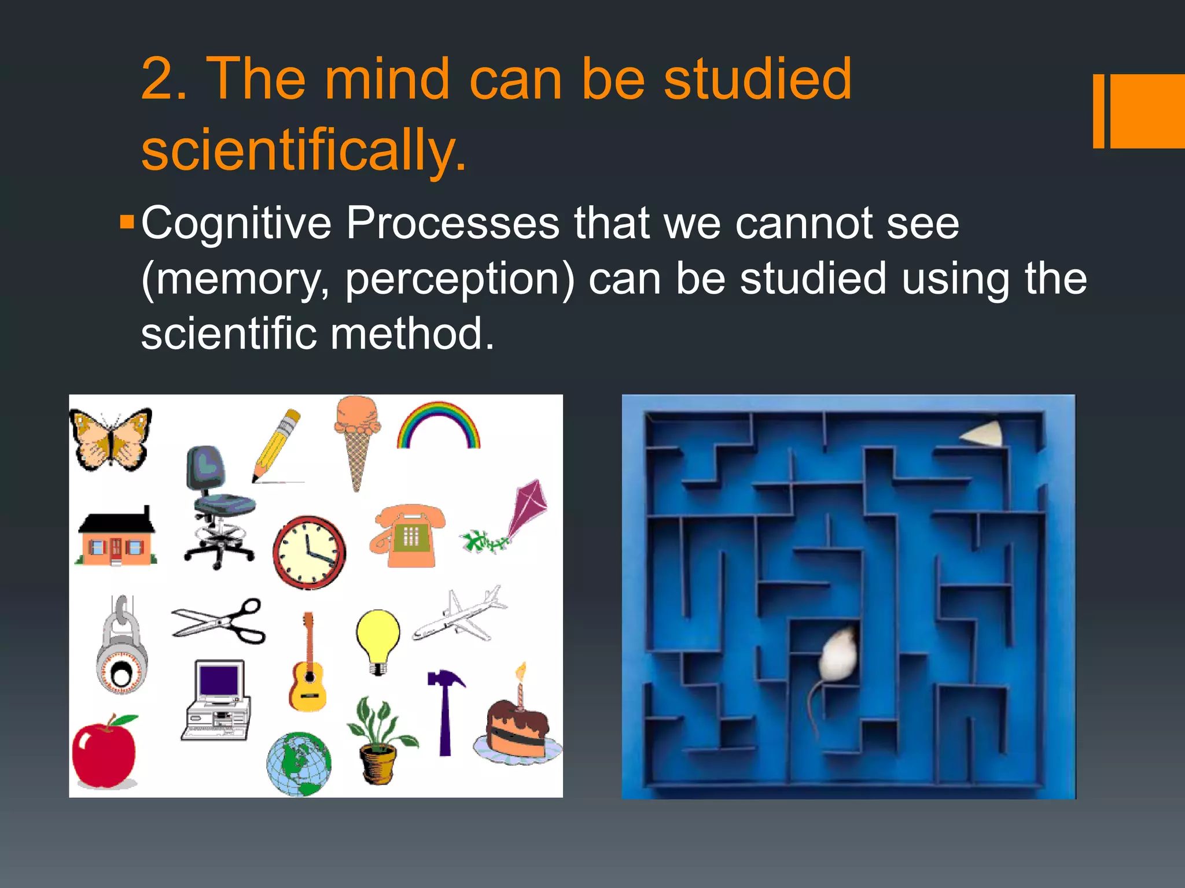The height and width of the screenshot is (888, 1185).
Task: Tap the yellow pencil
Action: pos(277,445)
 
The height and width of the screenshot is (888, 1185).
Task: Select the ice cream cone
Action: pos(357,439)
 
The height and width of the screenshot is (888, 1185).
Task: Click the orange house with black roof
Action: pos(116,538)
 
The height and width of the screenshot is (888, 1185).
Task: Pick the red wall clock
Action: pos(309,552)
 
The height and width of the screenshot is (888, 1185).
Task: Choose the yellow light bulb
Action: pos(378,639)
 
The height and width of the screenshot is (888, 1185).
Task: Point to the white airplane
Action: pos(460,616)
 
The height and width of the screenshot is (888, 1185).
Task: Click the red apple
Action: pos(104,752)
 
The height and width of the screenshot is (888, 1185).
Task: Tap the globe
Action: pos(299,764)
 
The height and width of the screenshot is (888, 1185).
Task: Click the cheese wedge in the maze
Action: pos(984,435)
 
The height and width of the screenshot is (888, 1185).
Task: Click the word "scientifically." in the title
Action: pos(304,149)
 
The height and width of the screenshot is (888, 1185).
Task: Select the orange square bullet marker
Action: pos(127,222)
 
